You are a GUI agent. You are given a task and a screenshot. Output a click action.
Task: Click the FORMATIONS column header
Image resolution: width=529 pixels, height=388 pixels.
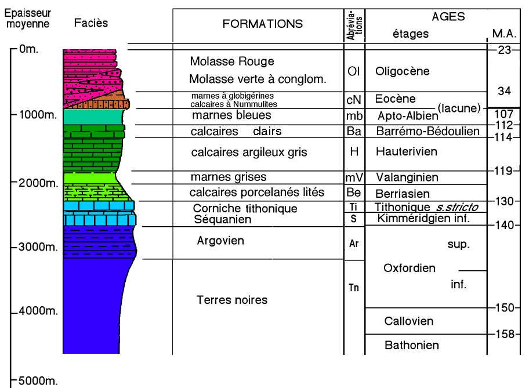pos(263,24)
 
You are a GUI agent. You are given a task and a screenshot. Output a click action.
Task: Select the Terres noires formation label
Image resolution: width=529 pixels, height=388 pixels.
pos(232,300)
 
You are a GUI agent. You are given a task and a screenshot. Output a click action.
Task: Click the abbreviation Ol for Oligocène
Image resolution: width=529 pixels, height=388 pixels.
pos(354,71)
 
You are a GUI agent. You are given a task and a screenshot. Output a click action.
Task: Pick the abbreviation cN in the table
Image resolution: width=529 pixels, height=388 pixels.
pos(354,100)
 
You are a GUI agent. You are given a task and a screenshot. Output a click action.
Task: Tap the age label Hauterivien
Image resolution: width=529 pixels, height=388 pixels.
pos(406,152)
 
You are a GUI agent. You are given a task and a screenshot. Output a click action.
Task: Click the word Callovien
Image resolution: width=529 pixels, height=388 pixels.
pos(409,321)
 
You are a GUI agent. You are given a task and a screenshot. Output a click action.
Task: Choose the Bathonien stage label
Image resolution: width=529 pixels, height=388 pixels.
pos(411,345)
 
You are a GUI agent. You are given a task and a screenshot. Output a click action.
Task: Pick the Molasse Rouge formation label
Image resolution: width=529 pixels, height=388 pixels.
pos(232,61)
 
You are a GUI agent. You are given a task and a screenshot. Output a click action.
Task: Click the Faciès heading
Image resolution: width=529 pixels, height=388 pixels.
pos(91,24)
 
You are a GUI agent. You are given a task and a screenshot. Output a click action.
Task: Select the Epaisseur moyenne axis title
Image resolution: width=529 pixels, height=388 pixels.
pos(30,19)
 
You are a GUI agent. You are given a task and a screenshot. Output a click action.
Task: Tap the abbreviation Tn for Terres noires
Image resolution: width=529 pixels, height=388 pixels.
pos(354,286)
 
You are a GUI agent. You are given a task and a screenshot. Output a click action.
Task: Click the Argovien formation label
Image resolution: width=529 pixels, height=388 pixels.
pos(220,241)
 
